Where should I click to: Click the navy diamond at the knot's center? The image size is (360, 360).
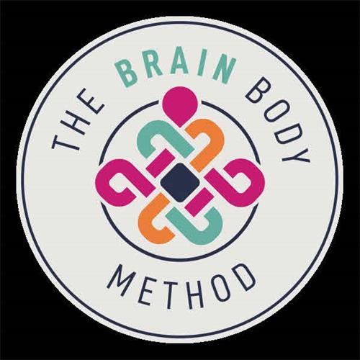pyautogui.click(x=180, y=182)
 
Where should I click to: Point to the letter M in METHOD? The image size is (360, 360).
pyautogui.click(x=120, y=276)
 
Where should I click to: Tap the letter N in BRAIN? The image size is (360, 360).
pyautogui.click(x=222, y=71)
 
